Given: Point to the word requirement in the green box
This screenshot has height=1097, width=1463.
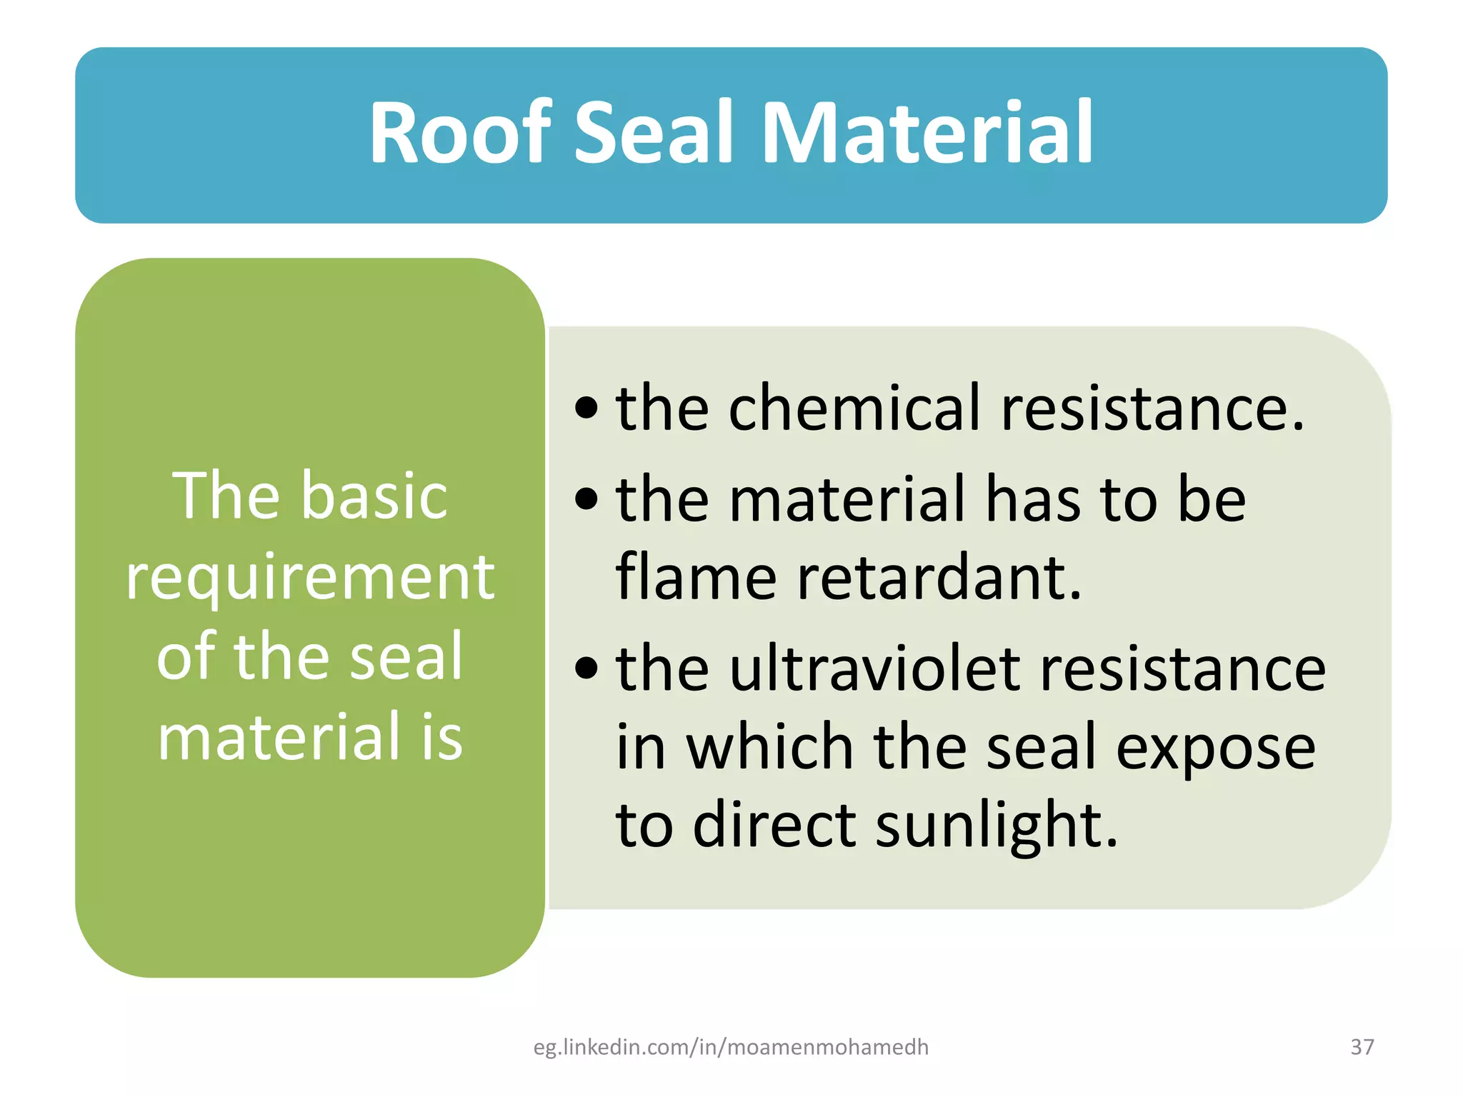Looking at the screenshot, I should pyautogui.click(x=310, y=577).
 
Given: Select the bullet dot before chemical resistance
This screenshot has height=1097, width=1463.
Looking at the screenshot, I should pyautogui.click(x=586, y=409).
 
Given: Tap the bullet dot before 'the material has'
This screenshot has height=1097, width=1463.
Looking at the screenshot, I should pyautogui.click(x=586, y=499).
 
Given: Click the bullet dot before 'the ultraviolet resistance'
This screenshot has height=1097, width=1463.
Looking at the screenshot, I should pyautogui.click(x=586, y=668).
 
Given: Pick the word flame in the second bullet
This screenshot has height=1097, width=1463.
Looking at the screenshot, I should pyautogui.click(x=696, y=576).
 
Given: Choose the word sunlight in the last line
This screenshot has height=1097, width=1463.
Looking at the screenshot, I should pyautogui.click(x=996, y=826).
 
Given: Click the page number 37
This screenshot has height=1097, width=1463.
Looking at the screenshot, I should pyautogui.click(x=1362, y=1047).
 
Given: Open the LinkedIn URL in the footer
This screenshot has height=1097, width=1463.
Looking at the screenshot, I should pyautogui.click(x=731, y=1047).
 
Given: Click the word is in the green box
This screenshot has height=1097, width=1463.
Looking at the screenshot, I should pyautogui.click(x=442, y=737).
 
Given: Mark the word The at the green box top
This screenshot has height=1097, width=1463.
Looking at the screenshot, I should pyautogui.click(x=226, y=496).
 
